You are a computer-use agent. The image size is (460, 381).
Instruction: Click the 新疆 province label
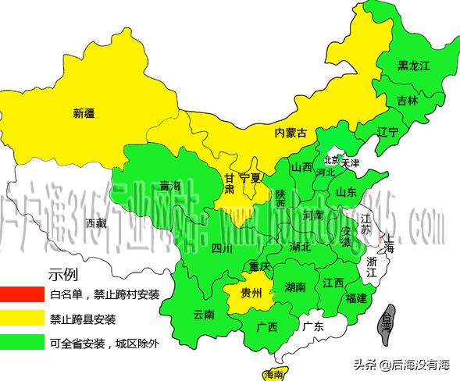click(x=88, y=112)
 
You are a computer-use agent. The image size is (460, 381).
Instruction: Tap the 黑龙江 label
click(x=413, y=66)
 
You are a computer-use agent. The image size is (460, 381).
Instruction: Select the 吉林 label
click(x=407, y=101)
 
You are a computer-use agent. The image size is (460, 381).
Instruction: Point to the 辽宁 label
click(x=387, y=130)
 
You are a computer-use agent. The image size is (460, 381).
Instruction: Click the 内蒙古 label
click(x=291, y=133)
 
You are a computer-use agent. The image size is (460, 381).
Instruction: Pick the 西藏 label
click(x=96, y=223)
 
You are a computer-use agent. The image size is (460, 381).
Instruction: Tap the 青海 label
click(x=169, y=186)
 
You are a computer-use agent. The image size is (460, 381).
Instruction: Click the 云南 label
click(x=202, y=315)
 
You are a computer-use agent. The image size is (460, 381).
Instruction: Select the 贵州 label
click(x=251, y=294)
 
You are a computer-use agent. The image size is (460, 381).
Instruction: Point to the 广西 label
click(x=266, y=327)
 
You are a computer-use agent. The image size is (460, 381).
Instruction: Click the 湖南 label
click(x=294, y=287)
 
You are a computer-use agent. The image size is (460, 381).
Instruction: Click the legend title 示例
click(x=64, y=274)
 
